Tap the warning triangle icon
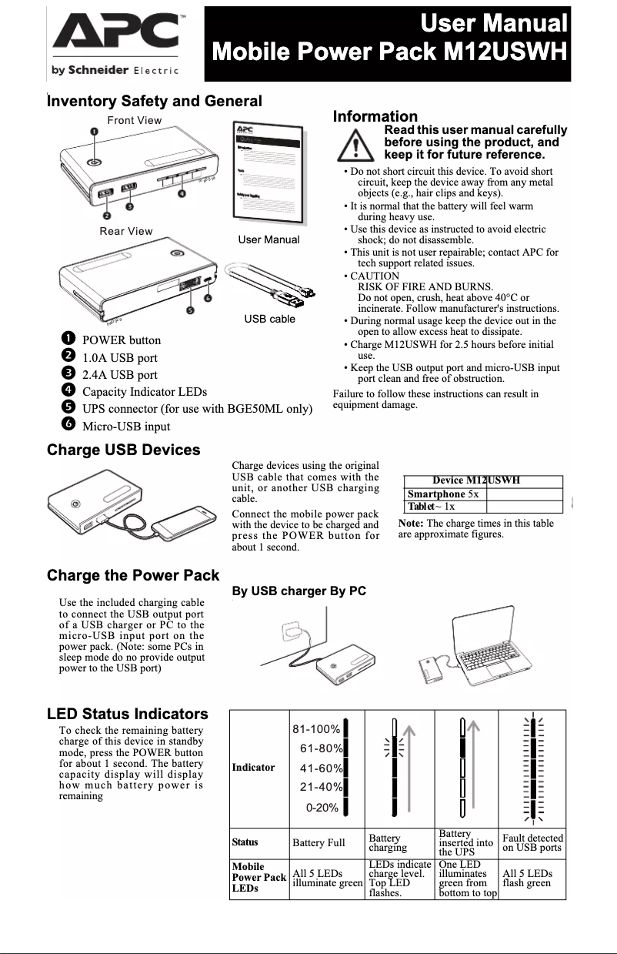(x=355, y=144)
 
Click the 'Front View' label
(x=135, y=120)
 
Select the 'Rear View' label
(x=126, y=231)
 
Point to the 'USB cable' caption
(x=269, y=319)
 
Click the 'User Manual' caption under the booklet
(x=268, y=239)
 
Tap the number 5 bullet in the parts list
(x=68, y=408)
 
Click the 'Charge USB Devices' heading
(x=123, y=450)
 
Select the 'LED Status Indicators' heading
(x=127, y=714)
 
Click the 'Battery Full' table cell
(x=319, y=842)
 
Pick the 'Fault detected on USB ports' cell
(x=532, y=842)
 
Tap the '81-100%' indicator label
(x=316, y=729)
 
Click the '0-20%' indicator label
(x=322, y=807)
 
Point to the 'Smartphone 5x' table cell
(x=444, y=494)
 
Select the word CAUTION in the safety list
(x=375, y=276)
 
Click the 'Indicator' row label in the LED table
(x=253, y=767)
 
